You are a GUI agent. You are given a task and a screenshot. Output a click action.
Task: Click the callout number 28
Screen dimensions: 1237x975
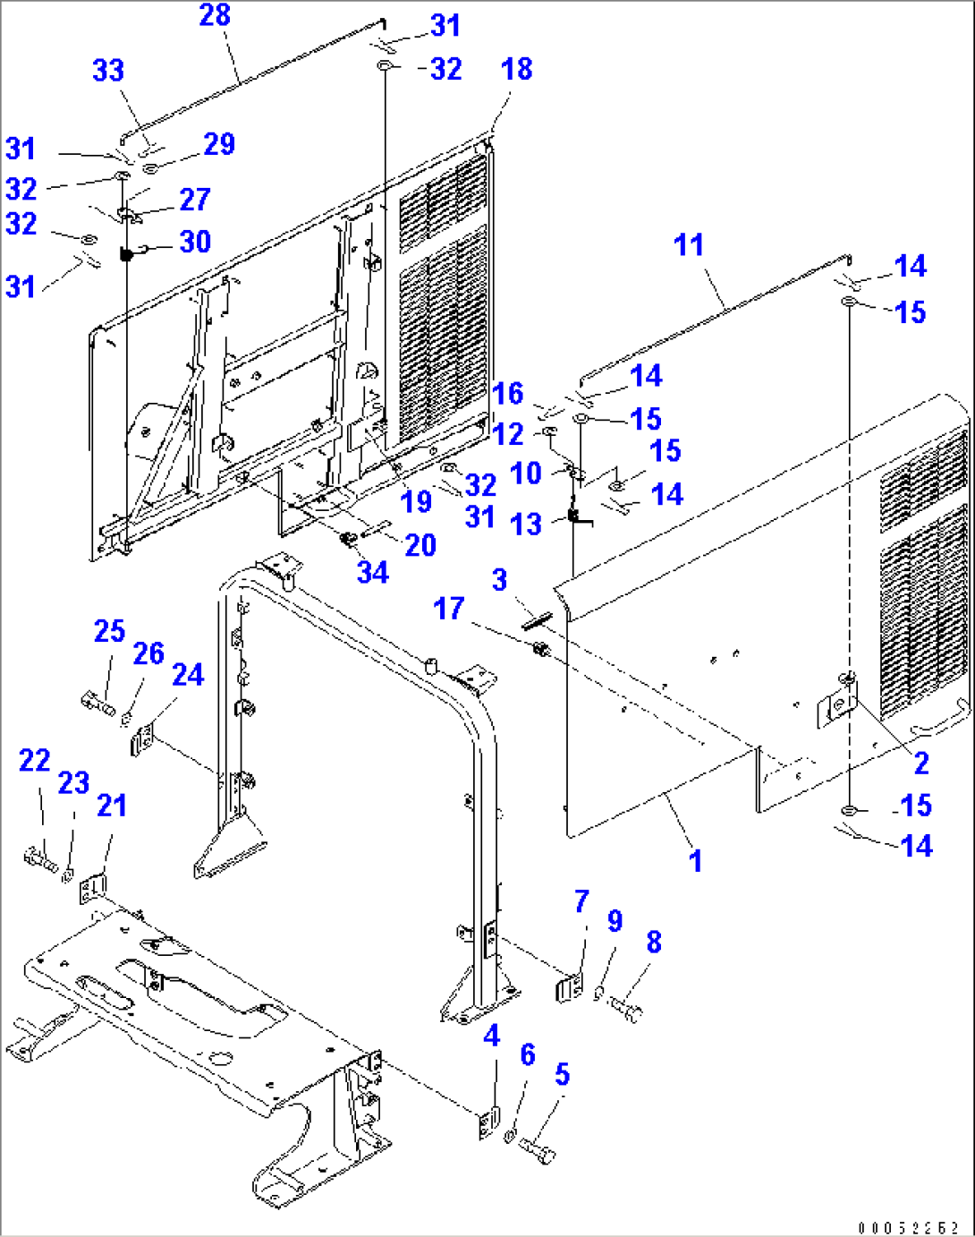pyautogui.click(x=215, y=15)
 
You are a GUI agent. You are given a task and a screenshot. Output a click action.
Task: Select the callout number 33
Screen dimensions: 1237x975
pyautogui.click(x=108, y=71)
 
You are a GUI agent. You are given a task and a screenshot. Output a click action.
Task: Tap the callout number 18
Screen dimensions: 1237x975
pyautogui.click(x=517, y=69)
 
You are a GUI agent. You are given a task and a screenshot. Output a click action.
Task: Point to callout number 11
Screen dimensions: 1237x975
pyautogui.click(x=689, y=244)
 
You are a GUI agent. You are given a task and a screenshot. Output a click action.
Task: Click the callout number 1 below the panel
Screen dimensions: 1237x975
pyautogui.click(x=695, y=861)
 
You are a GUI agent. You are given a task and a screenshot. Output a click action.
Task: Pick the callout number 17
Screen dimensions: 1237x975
pyautogui.click(x=448, y=609)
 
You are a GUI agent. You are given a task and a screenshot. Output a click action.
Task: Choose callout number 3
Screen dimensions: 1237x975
pyautogui.click(x=499, y=579)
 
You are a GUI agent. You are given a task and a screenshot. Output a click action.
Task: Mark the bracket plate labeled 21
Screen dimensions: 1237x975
pyautogui.click(x=90, y=890)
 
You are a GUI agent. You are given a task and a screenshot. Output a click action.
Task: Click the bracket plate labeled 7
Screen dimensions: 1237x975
pyautogui.click(x=570, y=989)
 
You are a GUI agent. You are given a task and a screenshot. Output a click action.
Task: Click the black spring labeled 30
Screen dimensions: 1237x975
pyautogui.click(x=126, y=255)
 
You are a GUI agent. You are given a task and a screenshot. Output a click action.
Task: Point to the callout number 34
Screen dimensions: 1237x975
pyautogui.click(x=373, y=572)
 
